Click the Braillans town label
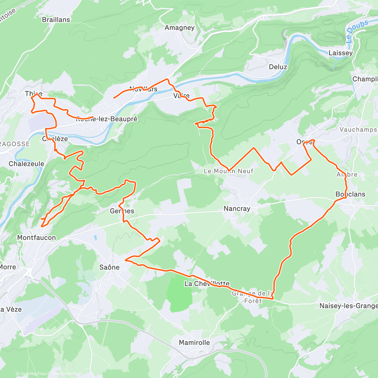pyautogui.click(x=56, y=20)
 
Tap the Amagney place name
pyautogui.click(x=180, y=28)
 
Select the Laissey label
pyautogui.click(x=341, y=53)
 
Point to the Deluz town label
pyautogui.click(x=278, y=67)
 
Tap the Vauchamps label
pyautogui.click(x=358, y=129)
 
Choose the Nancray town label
pyautogui.click(x=237, y=209)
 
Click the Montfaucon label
pyautogui.click(x=37, y=238)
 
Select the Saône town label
pyautogui.click(x=109, y=267)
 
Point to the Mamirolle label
pyautogui.click(x=194, y=342)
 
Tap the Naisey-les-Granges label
pyautogui.click(x=348, y=306)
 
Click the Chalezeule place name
pyautogui.click(x=26, y=164)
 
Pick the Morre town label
pyautogui.click(x=8, y=267)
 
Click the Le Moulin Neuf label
pyautogui.click(x=228, y=171)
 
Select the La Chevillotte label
pyautogui.click(x=207, y=283)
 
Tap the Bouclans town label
pyautogui.click(x=350, y=194)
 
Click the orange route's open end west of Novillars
pyautogui.click(x=114, y=98)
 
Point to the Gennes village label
pyautogui.click(x=122, y=211)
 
